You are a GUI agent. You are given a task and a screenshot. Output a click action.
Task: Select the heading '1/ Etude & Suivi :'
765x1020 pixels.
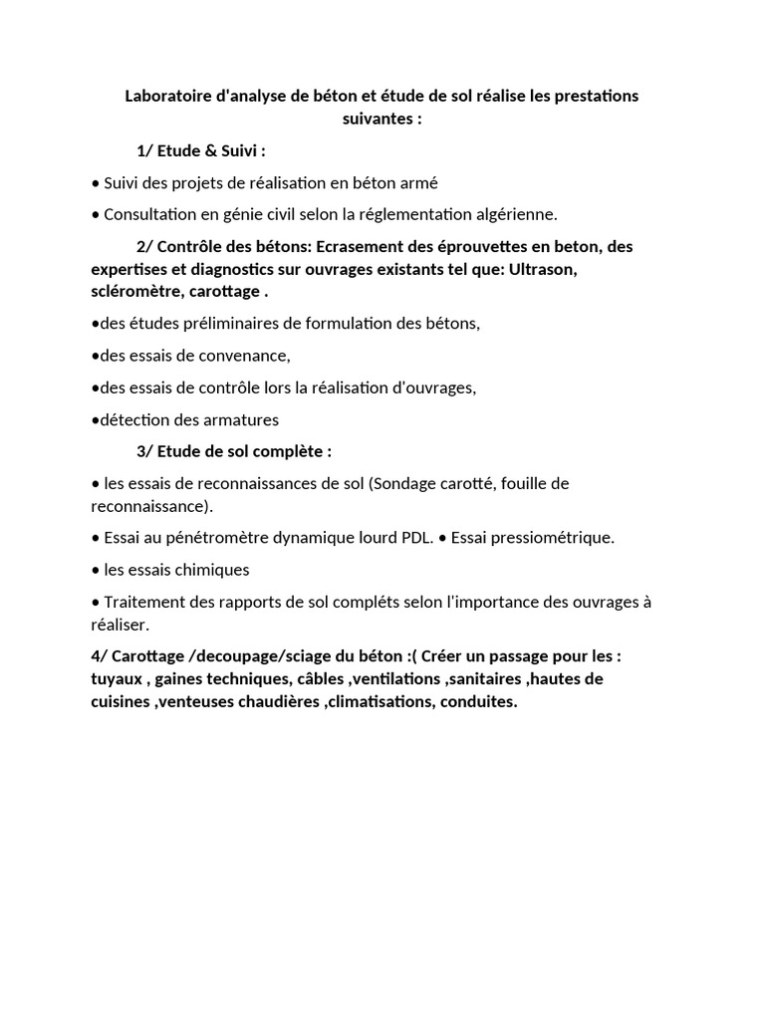tap(201, 151)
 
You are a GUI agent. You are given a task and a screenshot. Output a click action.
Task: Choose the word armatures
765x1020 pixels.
tap(237, 419)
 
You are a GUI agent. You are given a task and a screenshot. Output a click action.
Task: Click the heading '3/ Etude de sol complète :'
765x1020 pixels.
tap(234, 451)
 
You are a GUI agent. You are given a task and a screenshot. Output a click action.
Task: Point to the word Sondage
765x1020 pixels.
tap(404, 483)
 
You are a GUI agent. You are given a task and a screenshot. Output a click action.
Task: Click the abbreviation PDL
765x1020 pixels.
tap(416, 538)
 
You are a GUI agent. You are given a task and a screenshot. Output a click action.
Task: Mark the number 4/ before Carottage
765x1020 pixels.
tap(99, 657)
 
